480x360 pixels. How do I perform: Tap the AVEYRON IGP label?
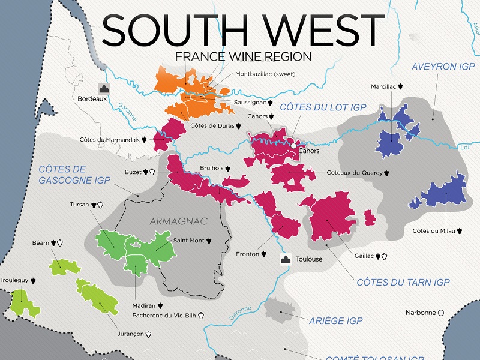click(x=443, y=67)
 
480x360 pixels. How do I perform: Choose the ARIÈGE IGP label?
click(x=336, y=321)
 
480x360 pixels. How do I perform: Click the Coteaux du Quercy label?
click(x=354, y=173)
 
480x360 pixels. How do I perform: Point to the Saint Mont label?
click(x=188, y=241)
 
